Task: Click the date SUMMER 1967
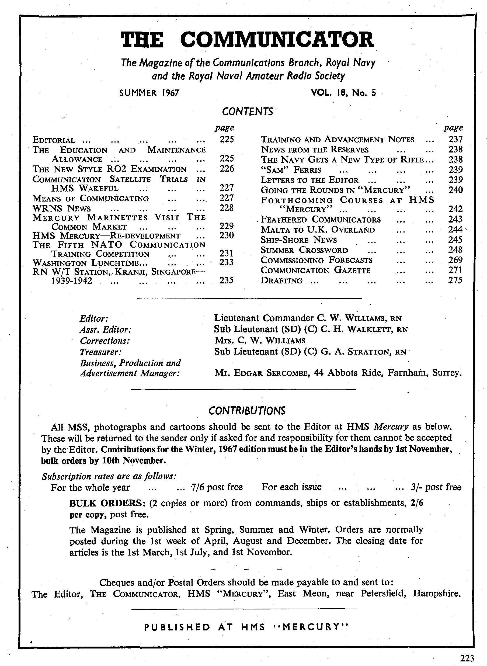click(149, 93)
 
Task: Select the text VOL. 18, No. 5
click(343, 93)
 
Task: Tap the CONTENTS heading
click(247, 112)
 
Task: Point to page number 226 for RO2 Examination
click(227, 169)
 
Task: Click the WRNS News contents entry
click(62, 209)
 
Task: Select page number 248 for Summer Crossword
click(455, 250)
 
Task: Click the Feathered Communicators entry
click(321, 220)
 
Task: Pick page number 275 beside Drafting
click(455, 280)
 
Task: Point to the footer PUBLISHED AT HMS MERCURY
click(246, 635)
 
